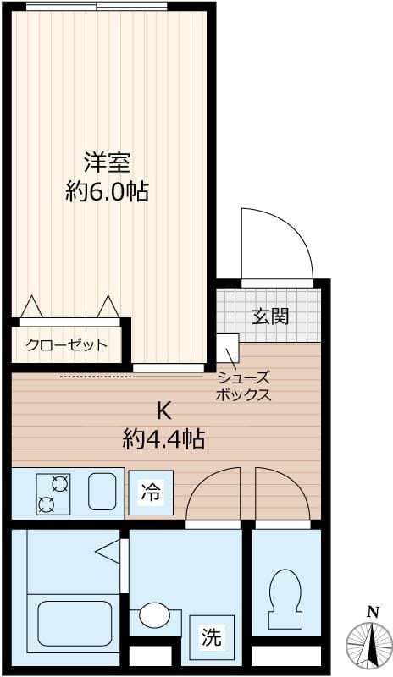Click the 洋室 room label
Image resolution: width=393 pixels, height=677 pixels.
coord(107,161)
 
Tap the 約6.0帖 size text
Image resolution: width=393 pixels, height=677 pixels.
coord(107,192)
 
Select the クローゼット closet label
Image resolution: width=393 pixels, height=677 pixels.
coord(67,344)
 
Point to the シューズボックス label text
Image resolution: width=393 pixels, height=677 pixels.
coord(244,386)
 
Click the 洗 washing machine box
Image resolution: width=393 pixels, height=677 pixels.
coord(211,637)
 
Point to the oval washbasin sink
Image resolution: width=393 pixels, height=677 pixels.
coord(154,615)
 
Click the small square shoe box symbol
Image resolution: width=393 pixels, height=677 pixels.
coord(228,347)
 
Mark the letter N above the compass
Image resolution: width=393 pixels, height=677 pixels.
coord(372,612)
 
